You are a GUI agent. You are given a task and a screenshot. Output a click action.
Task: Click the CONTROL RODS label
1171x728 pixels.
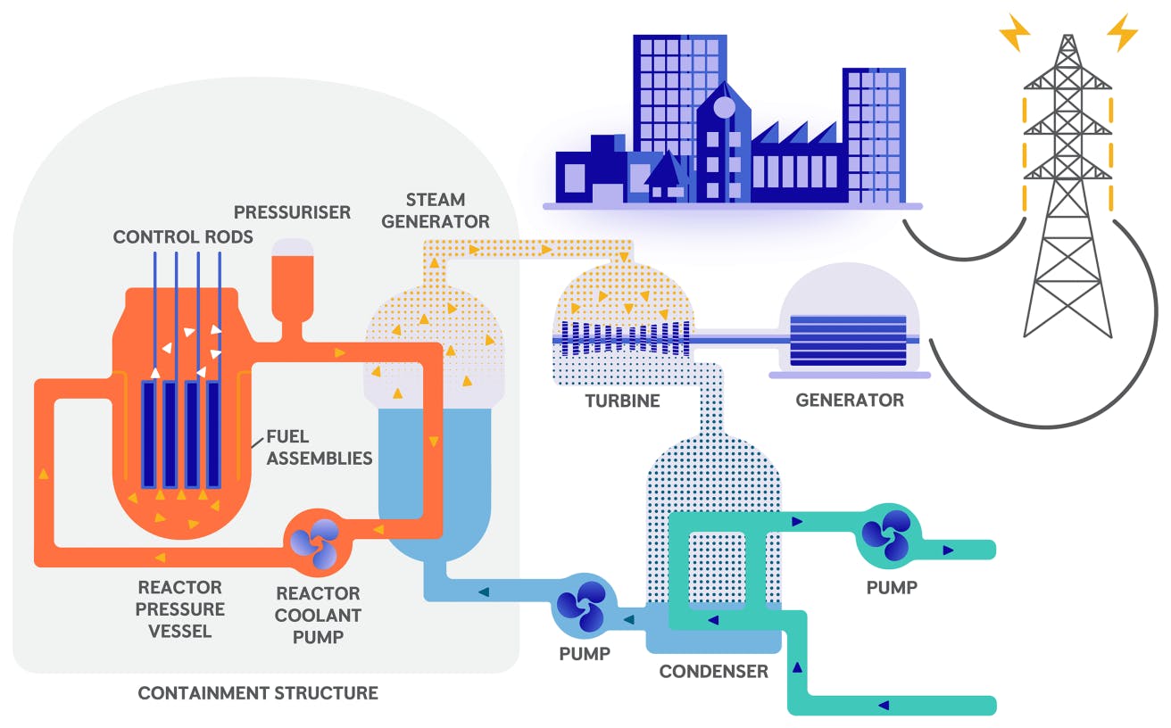click(x=183, y=236)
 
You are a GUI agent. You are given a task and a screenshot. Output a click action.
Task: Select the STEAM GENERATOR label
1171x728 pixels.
click(x=436, y=210)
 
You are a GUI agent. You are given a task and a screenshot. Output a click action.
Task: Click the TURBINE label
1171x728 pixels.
click(x=622, y=401)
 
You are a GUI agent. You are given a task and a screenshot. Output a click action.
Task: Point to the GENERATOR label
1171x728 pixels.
click(x=849, y=401)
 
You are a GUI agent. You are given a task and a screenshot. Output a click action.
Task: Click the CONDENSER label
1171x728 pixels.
click(x=713, y=671)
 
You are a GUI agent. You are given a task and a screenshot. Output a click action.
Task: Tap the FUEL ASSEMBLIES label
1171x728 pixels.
click(x=319, y=447)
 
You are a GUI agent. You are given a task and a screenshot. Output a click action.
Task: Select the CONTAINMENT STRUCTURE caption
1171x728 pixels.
click(x=258, y=693)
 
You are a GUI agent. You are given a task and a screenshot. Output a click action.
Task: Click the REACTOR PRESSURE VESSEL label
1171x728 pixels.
click(x=181, y=609)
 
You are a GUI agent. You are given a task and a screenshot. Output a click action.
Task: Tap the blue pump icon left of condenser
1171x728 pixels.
click(x=582, y=606)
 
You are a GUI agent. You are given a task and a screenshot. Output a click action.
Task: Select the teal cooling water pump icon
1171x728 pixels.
click(x=886, y=534)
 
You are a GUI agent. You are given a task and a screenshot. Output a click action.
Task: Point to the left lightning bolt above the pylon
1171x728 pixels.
click(x=1015, y=33)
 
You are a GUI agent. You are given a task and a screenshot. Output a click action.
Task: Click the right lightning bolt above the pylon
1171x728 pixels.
click(x=1122, y=33)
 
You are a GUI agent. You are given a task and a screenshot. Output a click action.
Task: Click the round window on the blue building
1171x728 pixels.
click(x=724, y=108)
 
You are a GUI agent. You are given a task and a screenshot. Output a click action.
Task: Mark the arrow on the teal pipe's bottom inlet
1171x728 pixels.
click(x=884, y=705)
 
